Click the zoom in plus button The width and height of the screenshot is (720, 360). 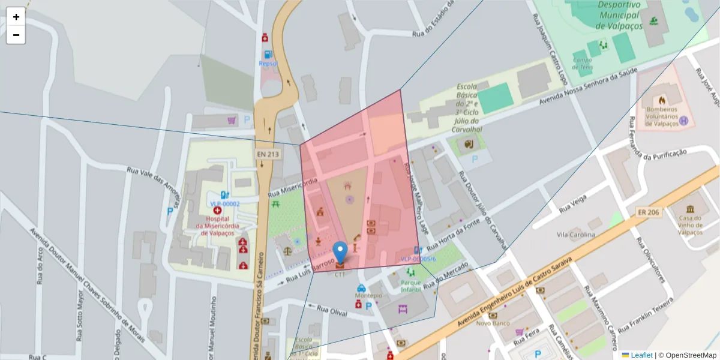16,17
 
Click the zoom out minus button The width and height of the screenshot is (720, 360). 16,35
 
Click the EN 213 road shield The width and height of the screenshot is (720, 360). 268,154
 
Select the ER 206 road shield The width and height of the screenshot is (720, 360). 649,212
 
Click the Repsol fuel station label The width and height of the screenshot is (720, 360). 268,63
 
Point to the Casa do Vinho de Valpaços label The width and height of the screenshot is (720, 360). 691,225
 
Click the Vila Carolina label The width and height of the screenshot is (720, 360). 575,235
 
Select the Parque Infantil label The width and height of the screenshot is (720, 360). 411,286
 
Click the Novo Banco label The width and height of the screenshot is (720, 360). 493,323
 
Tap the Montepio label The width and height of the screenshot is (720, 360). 368,296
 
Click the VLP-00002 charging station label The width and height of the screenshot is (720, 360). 225,204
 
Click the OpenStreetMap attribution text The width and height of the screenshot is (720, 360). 687,355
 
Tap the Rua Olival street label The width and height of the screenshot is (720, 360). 332,311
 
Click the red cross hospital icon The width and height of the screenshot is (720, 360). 217,211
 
